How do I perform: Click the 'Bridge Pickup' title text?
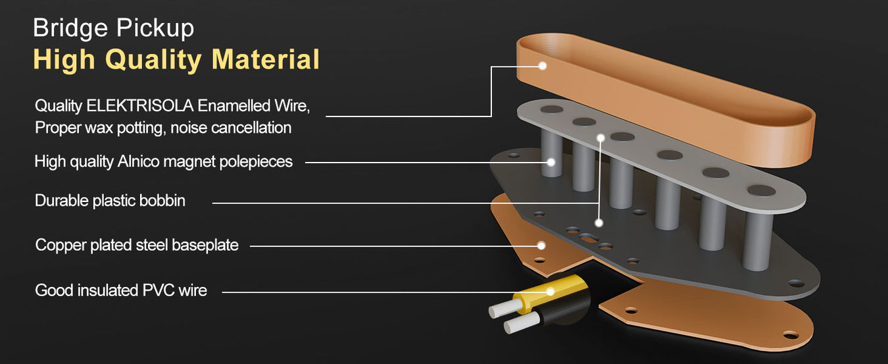pyautogui.click(x=113, y=28)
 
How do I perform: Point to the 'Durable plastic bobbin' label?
pyautogui.click(x=110, y=201)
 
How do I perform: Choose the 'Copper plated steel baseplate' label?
pyautogui.click(x=137, y=245)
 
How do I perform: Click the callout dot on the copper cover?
pyautogui.click(x=543, y=66)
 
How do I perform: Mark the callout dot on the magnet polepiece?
pyautogui.click(x=551, y=162)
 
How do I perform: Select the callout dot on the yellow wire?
pyautogui.click(x=551, y=292)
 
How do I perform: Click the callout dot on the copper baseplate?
pyautogui.click(x=541, y=246)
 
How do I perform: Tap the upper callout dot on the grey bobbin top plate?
pyautogui.click(x=601, y=138)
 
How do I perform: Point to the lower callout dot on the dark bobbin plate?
pyautogui.click(x=599, y=223)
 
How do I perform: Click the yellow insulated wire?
pyautogui.click(x=551, y=294)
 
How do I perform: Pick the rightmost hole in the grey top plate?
pyautogui.click(x=762, y=190)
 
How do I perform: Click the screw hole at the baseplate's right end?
pyautogui.click(x=791, y=336)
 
